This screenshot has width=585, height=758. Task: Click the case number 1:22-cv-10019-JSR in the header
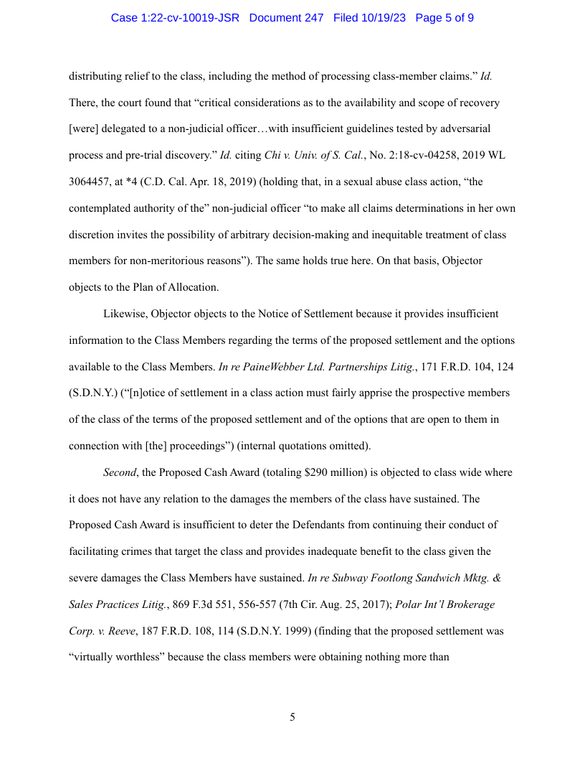[x=175, y=17]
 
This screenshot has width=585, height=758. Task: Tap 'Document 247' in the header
[x=286, y=17]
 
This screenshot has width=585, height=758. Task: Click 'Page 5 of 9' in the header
[x=444, y=17]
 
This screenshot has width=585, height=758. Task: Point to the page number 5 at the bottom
[x=292, y=717]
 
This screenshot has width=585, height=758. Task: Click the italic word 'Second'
[x=119, y=473]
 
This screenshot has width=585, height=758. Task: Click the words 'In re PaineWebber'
[x=262, y=367]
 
